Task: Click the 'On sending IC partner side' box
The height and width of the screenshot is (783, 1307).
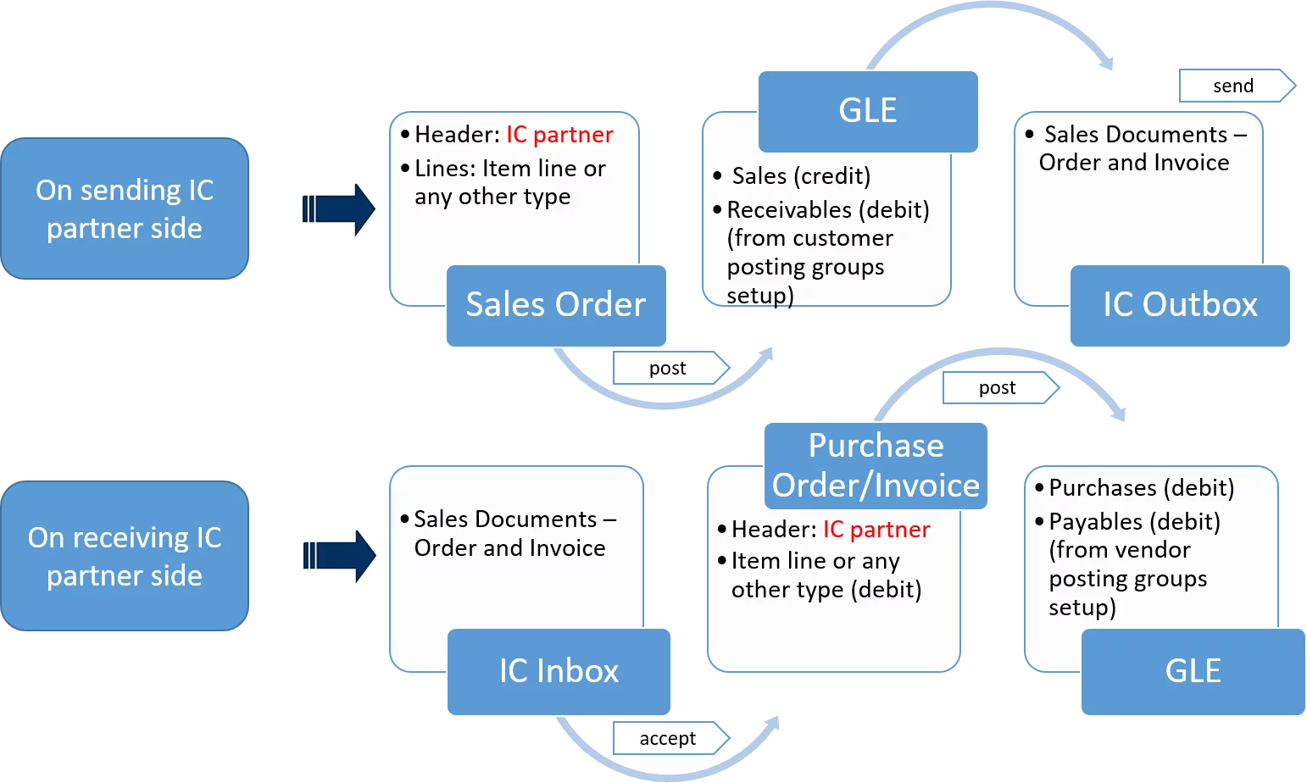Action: (125, 208)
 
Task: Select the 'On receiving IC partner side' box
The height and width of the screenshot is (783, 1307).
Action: (125, 556)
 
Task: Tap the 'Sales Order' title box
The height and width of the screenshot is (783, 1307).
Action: (556, 305)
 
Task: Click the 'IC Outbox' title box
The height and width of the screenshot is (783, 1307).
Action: (1180, 305)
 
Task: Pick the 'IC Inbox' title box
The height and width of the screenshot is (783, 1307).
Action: (559, 671)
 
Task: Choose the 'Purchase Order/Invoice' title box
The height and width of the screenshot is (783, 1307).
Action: (876, 466)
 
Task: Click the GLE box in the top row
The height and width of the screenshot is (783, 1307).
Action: (868, 111)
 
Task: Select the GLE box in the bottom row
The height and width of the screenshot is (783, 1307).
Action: (1193, 671)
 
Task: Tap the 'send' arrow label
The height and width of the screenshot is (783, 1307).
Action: (1234, 86)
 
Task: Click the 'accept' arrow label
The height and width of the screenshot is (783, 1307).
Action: (669, 738)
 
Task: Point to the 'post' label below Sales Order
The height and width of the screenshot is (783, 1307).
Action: (669, 369)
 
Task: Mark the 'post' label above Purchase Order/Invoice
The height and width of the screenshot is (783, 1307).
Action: (998, 388)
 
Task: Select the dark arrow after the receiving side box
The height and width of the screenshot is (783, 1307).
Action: (340, 556)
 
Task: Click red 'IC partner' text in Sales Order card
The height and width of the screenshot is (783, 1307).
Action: (559, 135)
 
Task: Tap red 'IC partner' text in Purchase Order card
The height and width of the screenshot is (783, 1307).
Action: (876, 530)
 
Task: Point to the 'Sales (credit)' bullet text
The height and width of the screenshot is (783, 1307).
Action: (801, 176)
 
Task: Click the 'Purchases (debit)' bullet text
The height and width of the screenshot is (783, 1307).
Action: (1141, 488)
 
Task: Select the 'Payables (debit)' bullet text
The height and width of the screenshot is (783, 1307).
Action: (1134, 522)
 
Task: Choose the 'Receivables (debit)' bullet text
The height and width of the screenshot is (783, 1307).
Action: (828, 210)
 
